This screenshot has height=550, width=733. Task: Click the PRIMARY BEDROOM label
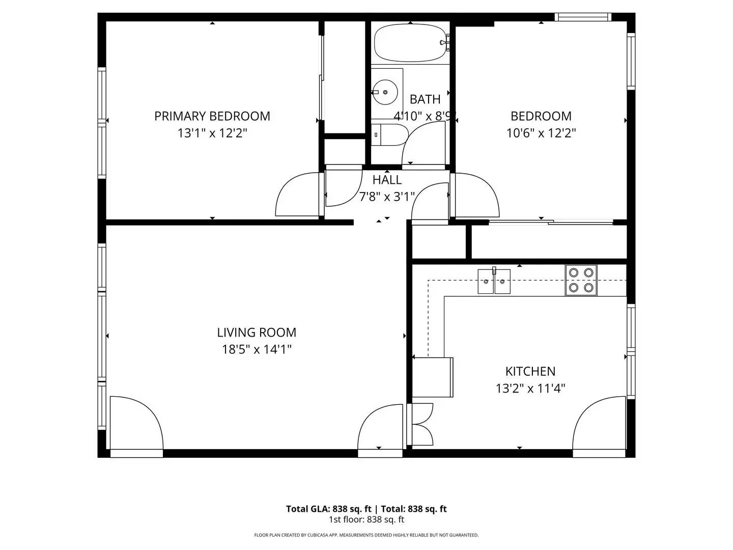pos(212,116)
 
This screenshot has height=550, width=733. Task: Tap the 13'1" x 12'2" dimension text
pos(212,133)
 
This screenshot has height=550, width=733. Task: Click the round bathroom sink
pos(385,92)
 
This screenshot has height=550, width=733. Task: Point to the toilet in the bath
pos(389,135)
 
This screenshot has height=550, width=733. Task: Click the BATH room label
pos(425,99)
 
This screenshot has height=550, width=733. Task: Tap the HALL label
pos(387,180)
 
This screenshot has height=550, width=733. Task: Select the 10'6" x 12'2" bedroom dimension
pos(541,133)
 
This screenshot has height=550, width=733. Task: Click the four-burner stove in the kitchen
pos(581,280)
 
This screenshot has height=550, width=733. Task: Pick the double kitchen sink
pos(494,282)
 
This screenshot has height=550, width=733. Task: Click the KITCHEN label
pos(530,371)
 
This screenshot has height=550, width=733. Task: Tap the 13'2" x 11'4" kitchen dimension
pos(530,389)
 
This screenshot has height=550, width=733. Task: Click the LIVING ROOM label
pos(257,333)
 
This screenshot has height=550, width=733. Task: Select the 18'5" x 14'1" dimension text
pos(257,349)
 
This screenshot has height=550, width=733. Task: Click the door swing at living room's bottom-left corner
pos(135,424)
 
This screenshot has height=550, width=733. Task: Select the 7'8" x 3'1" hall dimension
pos(387,197)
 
